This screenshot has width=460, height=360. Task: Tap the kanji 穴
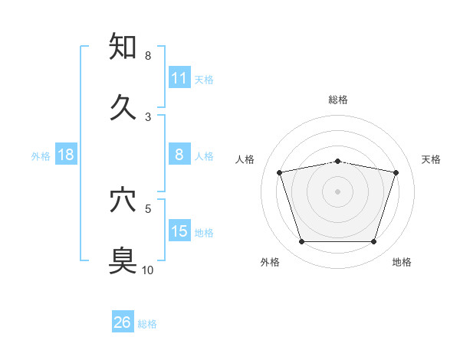pyautogui.click(x=123, y=200)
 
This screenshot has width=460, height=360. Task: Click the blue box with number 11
pyautogui.click(x=179, y=78)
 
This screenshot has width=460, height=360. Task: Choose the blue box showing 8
pyautogui.click(x=179, y=155)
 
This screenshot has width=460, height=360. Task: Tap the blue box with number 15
pyautogui.click(x=179, y=231)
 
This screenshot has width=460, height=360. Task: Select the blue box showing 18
pyautogui.click(x=66, y=155)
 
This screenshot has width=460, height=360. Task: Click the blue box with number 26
pyautogui.click(x=123, y=322)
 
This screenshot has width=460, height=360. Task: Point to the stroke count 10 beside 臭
pyautogui.click(x=148, y=270)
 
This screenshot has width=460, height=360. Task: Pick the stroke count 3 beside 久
pyautogui.click(x=148, y=116)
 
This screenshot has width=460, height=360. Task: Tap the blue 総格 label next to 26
pyautogui.click(x=147, y=324)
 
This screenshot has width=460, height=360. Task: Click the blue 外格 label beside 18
pyautogui.click(x=41, y=156)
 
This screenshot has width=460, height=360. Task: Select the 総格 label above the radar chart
pyautogui.click(x=338, y=100)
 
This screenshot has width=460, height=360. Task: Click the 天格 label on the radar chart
pyautogui.click(x=431, y=159)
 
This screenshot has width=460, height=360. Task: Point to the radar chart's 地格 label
pyautogui.click(x=402, y=263)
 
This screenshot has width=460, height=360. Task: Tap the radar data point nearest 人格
pyautogui.click(x=280, y=172)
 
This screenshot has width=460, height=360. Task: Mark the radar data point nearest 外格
pyautogui.click(x=301, y=242)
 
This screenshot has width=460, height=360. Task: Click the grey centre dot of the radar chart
pyautogui.click(x=338, y=191)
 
